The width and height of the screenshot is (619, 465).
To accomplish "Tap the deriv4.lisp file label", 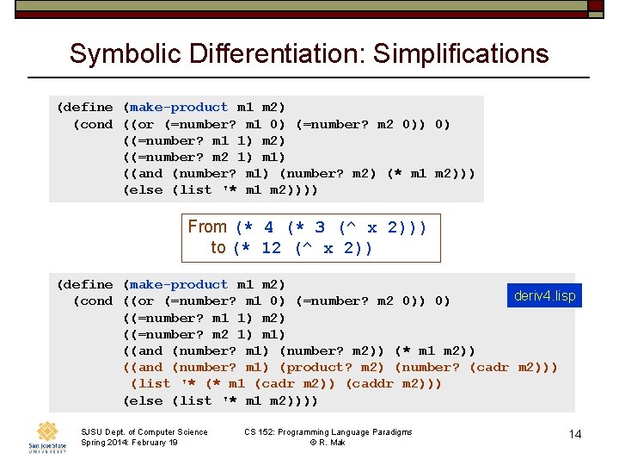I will point(544,295).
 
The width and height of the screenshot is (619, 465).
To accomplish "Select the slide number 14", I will point(575,434).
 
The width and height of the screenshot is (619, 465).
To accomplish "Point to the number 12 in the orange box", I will point(271,248).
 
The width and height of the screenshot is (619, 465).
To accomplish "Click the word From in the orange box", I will point(207,226).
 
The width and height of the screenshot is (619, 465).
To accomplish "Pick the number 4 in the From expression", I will point(268,227).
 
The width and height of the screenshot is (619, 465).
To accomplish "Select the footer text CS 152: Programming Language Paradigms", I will point(328,431).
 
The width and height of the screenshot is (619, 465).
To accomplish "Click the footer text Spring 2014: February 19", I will point(129,443).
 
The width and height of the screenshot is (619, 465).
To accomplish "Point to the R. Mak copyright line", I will point(328,443).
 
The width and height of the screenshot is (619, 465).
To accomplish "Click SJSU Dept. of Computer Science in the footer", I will point(144,431).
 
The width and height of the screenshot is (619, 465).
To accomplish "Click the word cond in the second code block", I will point(95,301).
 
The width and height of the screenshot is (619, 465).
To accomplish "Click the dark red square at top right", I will point(596,5).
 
